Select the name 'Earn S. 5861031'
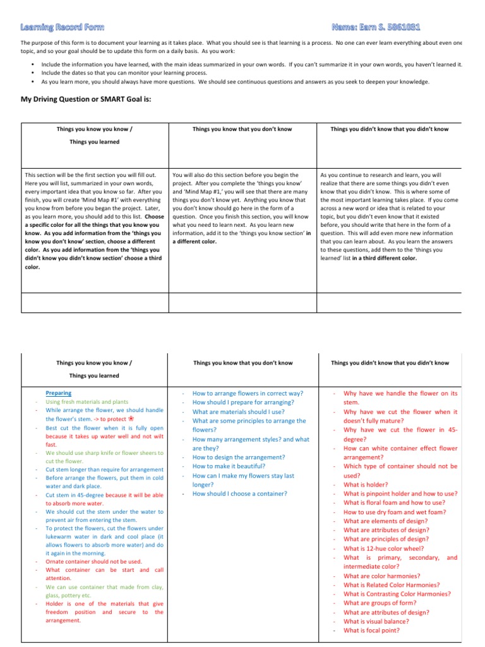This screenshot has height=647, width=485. pyautogui.click(x=376, y=27)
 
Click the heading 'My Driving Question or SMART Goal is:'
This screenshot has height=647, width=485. pyautogui.click(x=87, y=99)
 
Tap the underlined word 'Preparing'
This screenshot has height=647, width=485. pyautogui.click(x=59, y=393)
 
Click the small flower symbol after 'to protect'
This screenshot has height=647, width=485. pyautogui.click(x=131, y=418)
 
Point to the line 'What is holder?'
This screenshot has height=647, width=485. pyautogui.click(x=366, y=485)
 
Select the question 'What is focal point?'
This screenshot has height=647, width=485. pyautogui.click(x=372, y=630)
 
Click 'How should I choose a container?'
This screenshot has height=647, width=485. pyautogui.click(x=239, y=493)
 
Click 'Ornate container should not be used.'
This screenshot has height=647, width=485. pyautogui.click(x=94, y=561)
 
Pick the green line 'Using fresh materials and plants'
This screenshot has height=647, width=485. pyautogui.click(x=87, y=402)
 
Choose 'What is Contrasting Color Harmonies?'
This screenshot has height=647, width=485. pyautogui.click(x=397, y=594)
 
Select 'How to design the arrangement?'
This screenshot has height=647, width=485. pyautogui.click(x=239, y=457)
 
